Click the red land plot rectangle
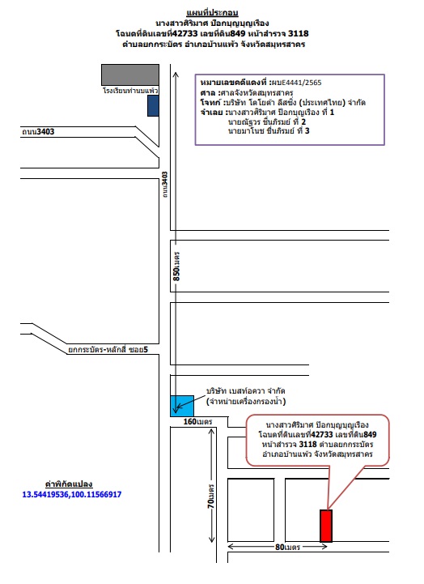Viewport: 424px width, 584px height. (326, 526)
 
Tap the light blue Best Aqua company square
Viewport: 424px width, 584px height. (182, 406)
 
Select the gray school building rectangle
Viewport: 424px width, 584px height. (130, 75)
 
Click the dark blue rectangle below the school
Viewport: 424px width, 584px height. (153, 106)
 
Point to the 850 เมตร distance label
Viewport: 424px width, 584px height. (176, 266)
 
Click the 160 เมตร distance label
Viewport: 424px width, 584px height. (197, 422)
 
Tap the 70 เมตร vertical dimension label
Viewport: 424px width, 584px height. (211, 496)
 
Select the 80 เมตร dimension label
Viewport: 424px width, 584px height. (287, 547)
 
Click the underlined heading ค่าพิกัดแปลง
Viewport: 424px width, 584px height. (69, 484)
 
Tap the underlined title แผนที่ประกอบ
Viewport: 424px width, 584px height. (212, 13)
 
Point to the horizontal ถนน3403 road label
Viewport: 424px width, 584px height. (38, 131)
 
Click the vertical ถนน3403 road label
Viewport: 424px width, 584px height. (165, 185)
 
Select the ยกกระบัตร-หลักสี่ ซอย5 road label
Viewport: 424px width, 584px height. (108, 349)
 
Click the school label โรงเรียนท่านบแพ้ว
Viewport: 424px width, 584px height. (130, 91)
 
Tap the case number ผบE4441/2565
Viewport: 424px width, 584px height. (296, 83)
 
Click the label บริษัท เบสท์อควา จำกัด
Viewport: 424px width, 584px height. (246, 390)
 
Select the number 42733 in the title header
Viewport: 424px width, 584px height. (184, 33)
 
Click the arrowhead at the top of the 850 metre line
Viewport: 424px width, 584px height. (176, 75)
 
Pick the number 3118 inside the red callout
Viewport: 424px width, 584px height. (307, 445)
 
